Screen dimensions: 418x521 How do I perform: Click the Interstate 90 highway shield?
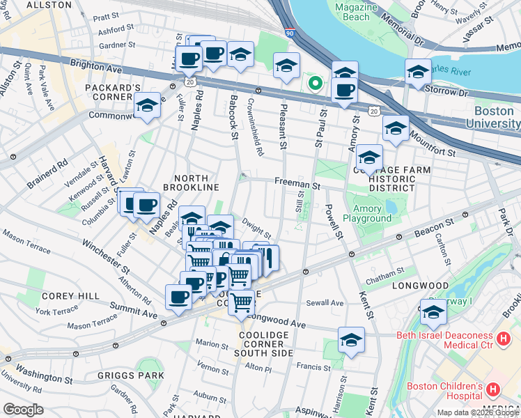click(290, 33)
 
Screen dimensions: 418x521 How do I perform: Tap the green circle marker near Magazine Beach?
click(315, 84)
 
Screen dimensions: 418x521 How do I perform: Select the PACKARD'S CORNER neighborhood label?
click(113, 93)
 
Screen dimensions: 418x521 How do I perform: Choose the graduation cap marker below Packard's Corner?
click(147, 107)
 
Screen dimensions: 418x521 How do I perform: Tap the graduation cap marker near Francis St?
click(351, 341)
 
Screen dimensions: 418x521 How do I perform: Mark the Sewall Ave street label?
click(327, 303)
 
